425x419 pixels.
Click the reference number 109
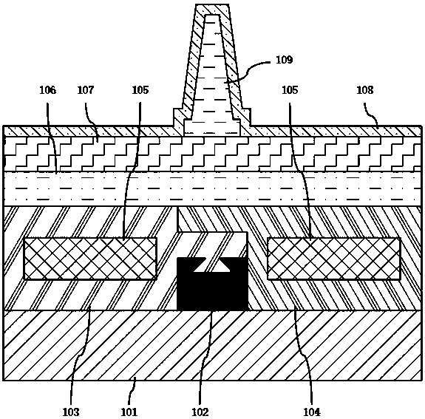point(285,60)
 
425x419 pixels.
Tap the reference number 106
point(48,90)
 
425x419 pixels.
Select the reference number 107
point(86,90)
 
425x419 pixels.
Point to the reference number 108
point(365,90)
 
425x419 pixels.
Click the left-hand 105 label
point(140,90)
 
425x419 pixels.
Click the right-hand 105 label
point(290,90)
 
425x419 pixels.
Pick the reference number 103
point(71,412)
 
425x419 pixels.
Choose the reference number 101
point(129,412)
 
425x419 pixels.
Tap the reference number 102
point(200,412)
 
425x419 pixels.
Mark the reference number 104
point(312,412)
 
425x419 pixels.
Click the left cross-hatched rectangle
point(90,259)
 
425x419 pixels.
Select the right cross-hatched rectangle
point(334,259)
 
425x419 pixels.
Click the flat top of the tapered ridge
point(212,4)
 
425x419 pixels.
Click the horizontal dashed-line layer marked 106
point(213,188)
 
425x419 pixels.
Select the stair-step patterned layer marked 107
point(213,154)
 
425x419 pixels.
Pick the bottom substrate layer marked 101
point(213,345)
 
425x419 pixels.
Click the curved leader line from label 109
point(248,69)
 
